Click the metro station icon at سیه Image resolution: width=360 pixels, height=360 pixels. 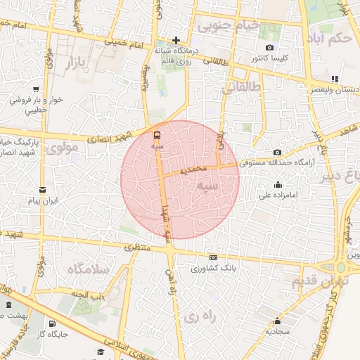157,134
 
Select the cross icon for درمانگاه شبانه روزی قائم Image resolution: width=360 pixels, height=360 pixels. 176,40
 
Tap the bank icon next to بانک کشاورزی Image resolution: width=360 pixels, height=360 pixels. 214,258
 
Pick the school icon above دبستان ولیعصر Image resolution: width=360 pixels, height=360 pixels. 335,79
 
